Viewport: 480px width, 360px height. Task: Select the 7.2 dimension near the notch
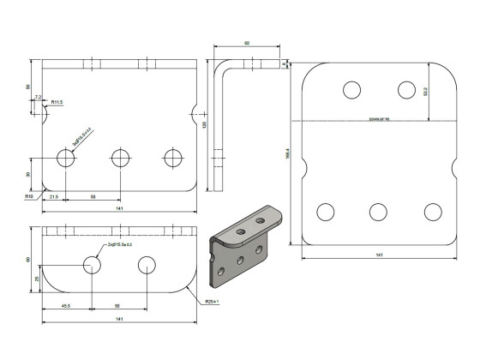tap(38, 98)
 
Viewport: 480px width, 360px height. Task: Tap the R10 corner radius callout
tap(28, 196)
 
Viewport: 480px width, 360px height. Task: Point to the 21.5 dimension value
tap(53, 197)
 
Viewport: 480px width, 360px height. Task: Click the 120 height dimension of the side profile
tap(205, 125)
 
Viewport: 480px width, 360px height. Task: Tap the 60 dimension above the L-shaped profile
tap(247, 43)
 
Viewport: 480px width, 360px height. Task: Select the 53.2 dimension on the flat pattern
tap(451, 91)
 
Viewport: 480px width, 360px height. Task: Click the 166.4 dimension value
tap(287, 155)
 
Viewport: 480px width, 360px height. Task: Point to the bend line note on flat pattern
tap(379, 119)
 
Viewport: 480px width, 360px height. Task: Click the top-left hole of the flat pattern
tap(351, 89)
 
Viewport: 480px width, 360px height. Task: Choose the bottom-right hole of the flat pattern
tap(432, 212)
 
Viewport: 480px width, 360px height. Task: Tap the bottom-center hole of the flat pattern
tap(378, 212)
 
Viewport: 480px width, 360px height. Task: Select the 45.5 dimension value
tap(65, 305)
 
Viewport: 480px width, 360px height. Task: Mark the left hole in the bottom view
tap(93, 264)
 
